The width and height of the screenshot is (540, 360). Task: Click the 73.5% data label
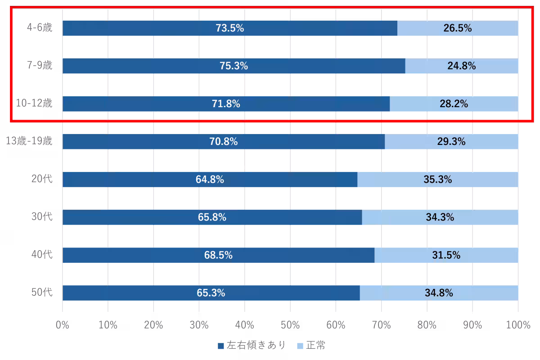229,28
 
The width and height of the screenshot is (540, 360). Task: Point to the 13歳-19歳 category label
29,142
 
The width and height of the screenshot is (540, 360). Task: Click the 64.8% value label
210,180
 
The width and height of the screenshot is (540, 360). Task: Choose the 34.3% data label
440,217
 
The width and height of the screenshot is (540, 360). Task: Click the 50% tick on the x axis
290,325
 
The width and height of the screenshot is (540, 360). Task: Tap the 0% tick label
63,325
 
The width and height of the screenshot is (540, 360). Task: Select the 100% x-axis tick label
518,325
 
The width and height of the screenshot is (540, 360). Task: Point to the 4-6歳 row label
40,28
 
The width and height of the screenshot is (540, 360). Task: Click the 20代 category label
42,180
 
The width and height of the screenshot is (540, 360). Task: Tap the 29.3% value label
451,142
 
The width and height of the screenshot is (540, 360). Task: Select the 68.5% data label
218,255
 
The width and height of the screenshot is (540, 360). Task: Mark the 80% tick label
427,325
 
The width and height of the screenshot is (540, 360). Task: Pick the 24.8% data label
461,66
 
